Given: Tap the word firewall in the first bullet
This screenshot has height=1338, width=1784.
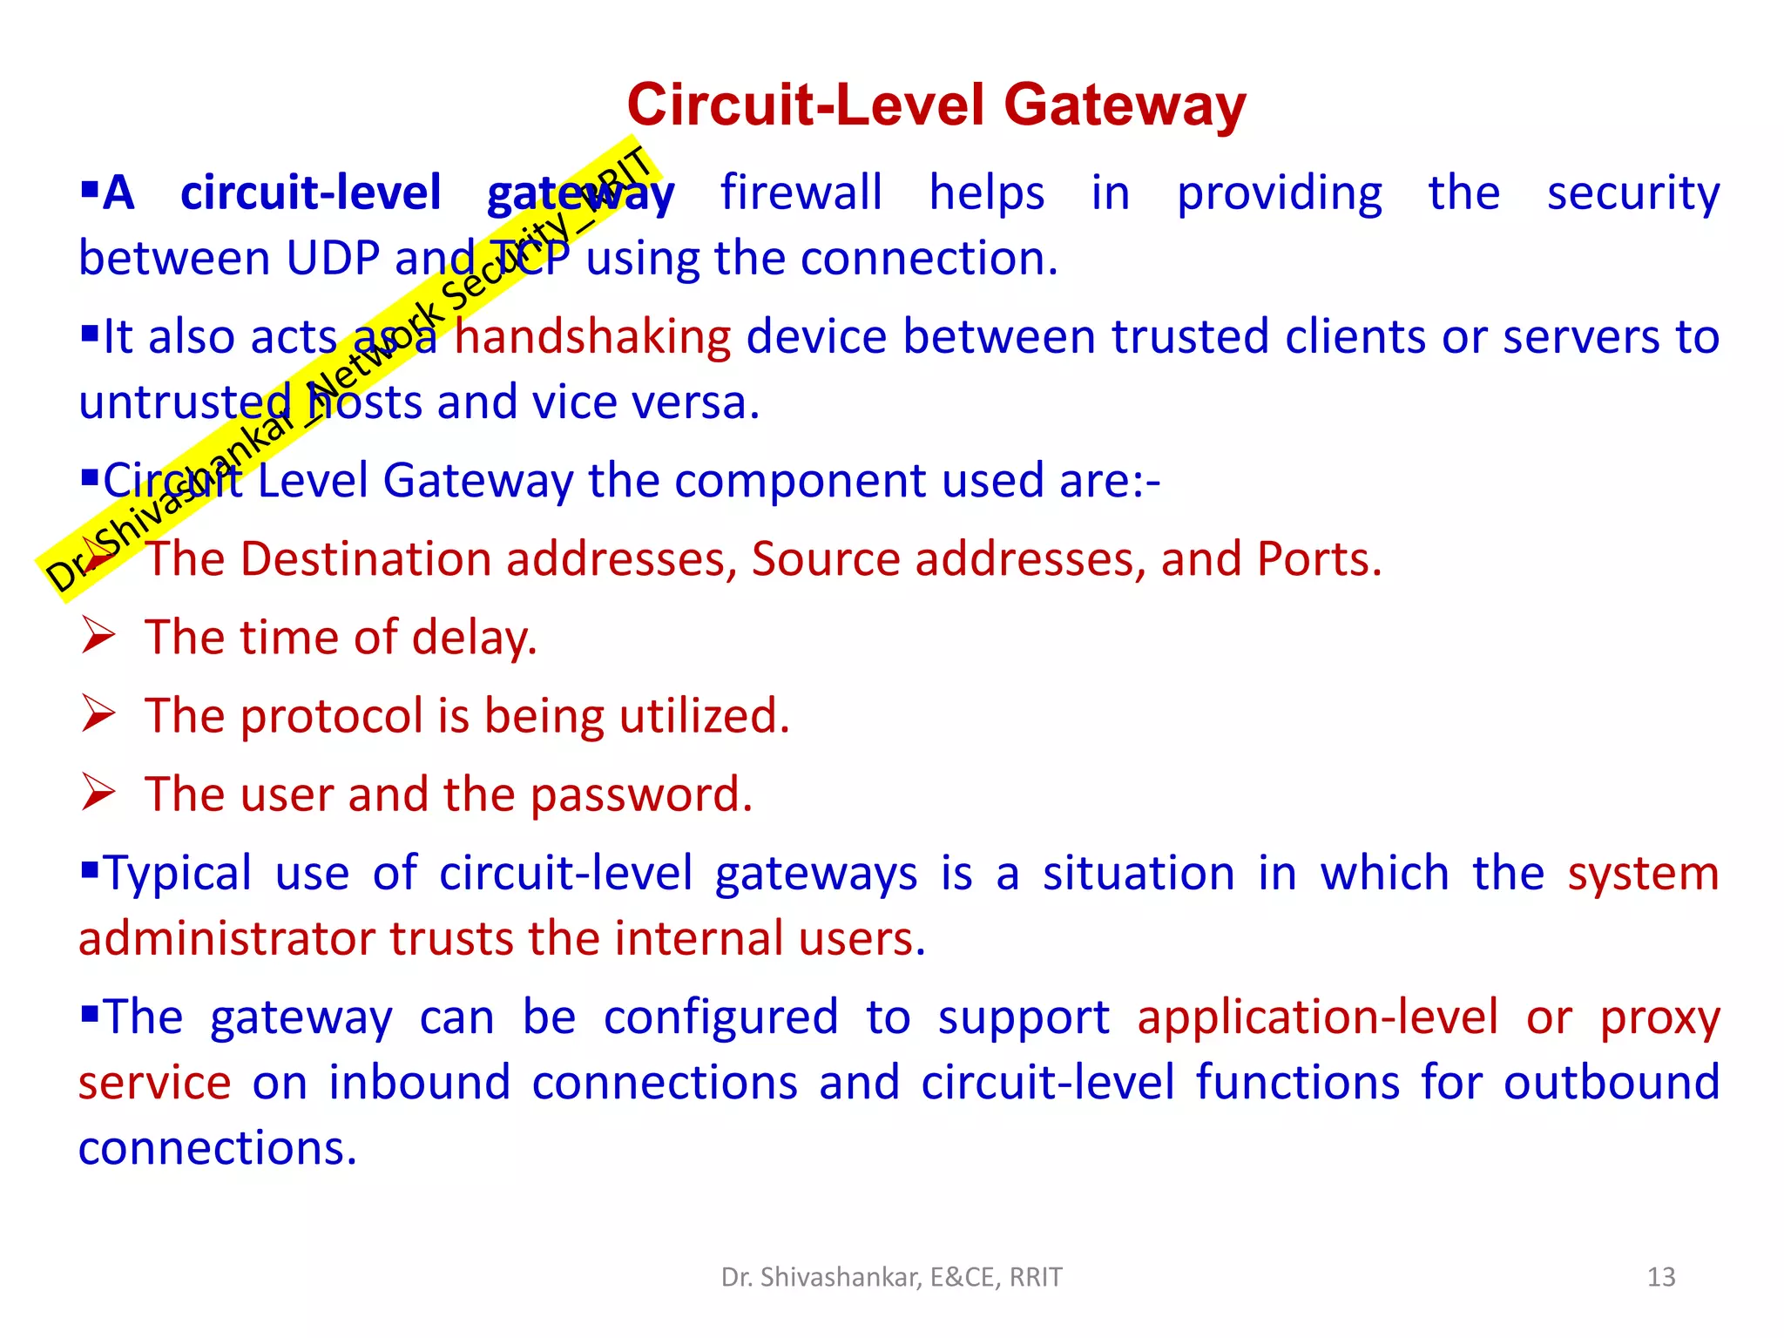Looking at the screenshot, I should tap(801, 193).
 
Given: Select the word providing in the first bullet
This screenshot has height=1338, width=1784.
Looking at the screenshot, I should tap(1279, 194).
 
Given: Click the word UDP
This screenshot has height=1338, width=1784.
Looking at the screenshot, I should tap(334, 259).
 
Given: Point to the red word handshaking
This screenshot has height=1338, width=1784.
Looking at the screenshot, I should tap(592, 337).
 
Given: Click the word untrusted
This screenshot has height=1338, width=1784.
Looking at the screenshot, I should tap(185, 402).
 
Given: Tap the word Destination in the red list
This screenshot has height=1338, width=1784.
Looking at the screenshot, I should tap(366, 559).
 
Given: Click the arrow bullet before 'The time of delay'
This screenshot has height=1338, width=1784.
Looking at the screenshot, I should tap(98, 636).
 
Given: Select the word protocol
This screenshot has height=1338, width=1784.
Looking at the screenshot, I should tap(332, 717).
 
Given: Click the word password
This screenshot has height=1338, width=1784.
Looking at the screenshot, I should tap(641, 795).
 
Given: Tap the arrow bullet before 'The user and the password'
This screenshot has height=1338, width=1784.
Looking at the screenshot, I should tap(98, 793).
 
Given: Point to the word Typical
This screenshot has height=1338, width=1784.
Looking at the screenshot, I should tap(178, 874).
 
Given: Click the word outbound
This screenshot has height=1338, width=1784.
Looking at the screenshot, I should tap(1611, 1083).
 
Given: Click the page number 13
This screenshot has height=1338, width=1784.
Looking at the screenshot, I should tap(1661, 1277).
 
